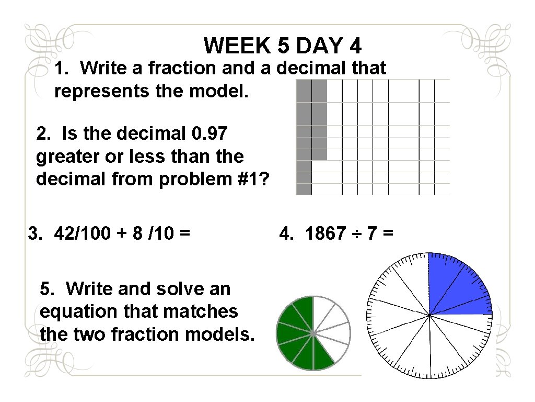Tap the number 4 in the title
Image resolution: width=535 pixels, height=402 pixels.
(x=355, y=46)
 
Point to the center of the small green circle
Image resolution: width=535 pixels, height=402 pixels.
(x=313, y=333)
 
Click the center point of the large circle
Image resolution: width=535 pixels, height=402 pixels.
(x=429, y=315)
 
